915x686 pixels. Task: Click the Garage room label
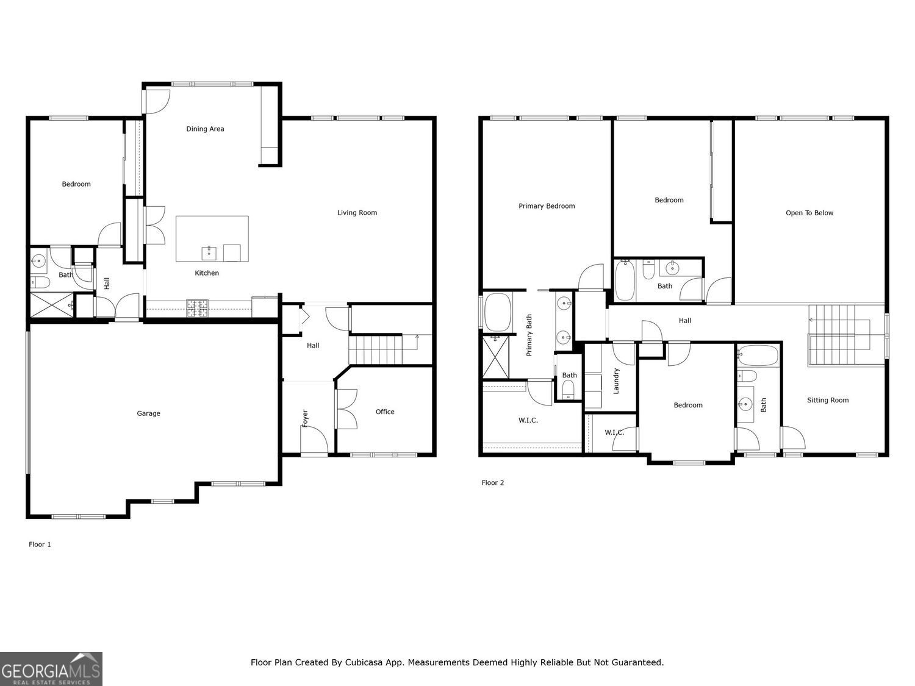[148, 413]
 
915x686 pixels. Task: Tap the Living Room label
[357, 213]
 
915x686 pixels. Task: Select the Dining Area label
[205, 129]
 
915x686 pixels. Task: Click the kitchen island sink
[209, 252]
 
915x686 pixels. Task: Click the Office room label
[385, 412]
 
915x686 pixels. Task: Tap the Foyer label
[305, 417]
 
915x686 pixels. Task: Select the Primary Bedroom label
[547, 206]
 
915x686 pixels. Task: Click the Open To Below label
[809, 213]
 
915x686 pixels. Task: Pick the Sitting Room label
[828, 400]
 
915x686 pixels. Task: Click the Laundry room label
[616, 381]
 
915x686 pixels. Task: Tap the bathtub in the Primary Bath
[498, 312]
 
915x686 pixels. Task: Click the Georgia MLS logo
[51, 669]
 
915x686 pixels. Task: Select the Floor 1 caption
[40, 545]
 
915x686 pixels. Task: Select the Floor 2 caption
[493, 483]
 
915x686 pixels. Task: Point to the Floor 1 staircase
[375, 349]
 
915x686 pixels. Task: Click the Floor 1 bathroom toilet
[40, 282]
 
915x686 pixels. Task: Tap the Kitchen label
[207, 273]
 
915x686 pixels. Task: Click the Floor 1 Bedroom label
[76, 184]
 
